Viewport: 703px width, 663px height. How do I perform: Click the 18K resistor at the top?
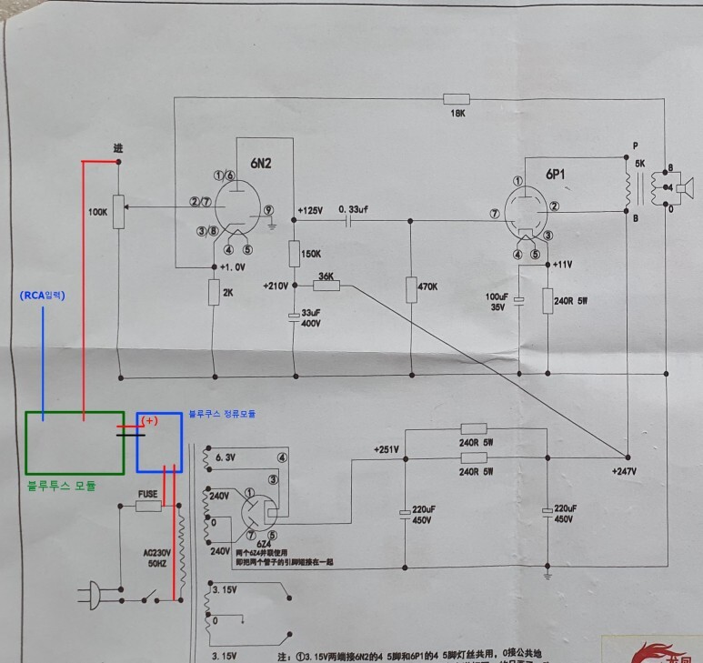[x=456, y=98]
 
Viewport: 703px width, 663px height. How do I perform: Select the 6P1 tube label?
[x=557, y=174]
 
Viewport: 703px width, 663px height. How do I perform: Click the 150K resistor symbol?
[x=295, y=252]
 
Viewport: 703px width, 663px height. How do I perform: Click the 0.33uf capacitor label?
[x=353, y=209]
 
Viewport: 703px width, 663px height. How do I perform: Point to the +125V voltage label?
[x=309, y=210]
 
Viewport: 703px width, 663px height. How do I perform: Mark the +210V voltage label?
[x=276, y=285]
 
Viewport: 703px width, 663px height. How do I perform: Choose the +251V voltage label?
[x=387, y=449]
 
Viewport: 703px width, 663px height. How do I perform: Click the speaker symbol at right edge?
[x=684, y=188]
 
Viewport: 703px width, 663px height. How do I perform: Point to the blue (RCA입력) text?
[x=43, y=296]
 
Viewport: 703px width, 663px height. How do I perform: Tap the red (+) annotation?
[x=150, y=421]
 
